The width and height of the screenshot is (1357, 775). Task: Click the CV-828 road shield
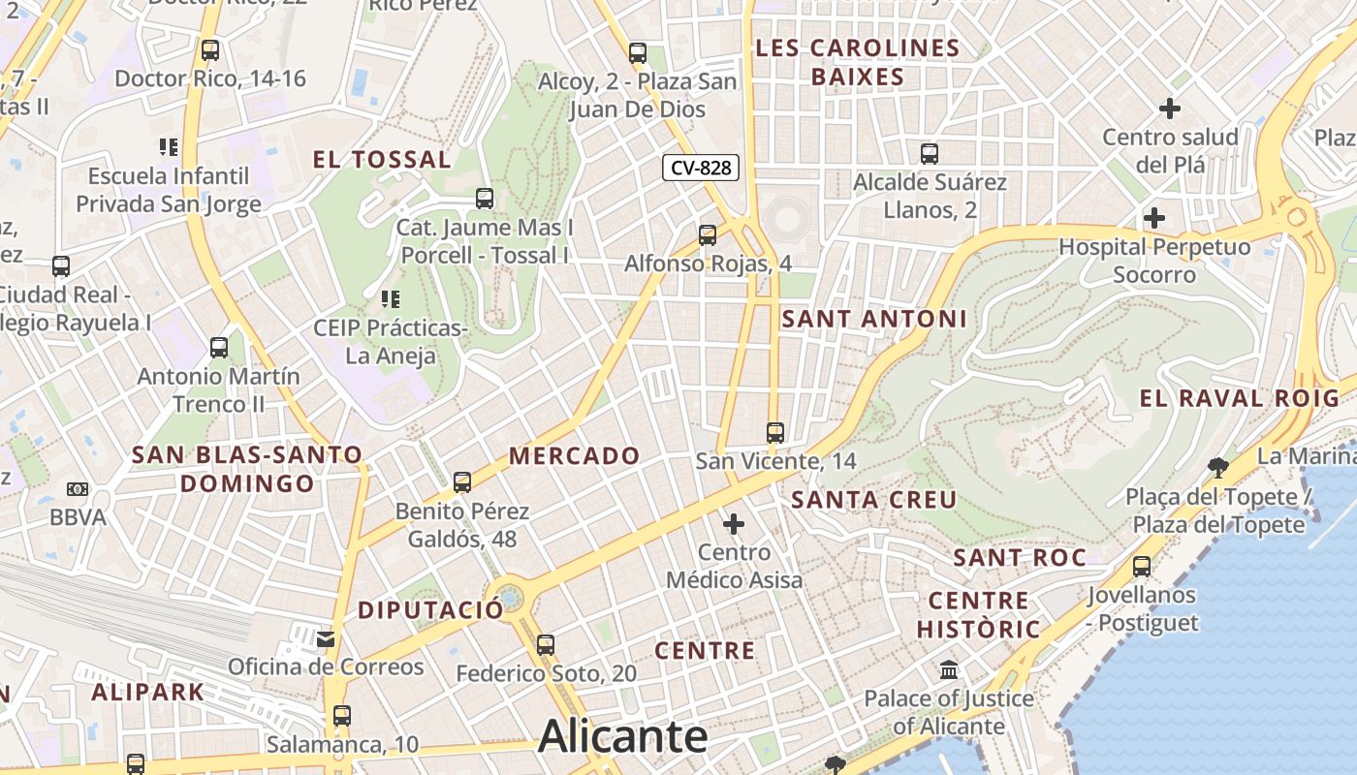coord(701,168)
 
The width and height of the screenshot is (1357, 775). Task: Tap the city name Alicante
coord(622,737)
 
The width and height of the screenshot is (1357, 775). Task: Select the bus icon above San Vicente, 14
coord(774,432)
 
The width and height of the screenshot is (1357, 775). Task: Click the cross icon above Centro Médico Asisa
coord(734,525)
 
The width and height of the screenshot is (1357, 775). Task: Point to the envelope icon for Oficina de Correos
coord(326,639)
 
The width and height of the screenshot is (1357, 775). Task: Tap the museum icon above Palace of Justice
coord(949,669)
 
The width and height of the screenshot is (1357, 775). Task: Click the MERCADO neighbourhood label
coord(575,455)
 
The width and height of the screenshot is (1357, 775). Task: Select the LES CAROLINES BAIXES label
coord(858,62)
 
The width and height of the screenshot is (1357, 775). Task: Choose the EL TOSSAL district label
coord(382,160)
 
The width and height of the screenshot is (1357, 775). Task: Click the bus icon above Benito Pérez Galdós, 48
coord(462,481)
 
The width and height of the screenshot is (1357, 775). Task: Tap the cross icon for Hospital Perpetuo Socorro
coord(1153,218)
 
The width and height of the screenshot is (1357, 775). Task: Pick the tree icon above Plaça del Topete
coord(1218,469)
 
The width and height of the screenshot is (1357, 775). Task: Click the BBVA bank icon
coord(78,489)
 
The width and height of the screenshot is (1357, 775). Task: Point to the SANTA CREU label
coord(874,500)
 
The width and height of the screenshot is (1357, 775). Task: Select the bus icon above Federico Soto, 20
coord(546,644)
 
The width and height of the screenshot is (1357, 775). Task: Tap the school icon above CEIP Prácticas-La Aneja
coord(390,299)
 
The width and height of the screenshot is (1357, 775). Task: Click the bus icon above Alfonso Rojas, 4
coord(708,234)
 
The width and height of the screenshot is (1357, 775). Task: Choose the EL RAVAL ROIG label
coord(1239,397)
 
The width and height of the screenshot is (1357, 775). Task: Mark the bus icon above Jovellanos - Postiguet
coord(1142,566)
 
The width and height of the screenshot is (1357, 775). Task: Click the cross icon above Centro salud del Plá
coord(1170,108)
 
